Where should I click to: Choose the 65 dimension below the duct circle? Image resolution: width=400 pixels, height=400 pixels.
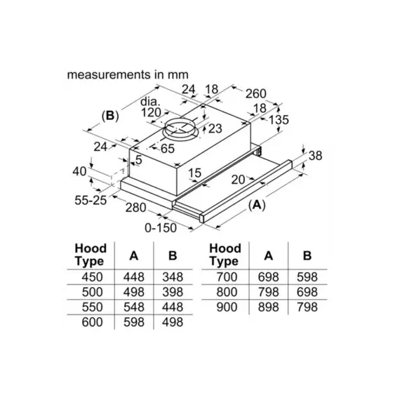[167, 148]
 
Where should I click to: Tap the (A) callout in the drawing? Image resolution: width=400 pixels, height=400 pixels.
[258, 205]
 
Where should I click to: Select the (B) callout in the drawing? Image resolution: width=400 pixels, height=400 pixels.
[110, 116]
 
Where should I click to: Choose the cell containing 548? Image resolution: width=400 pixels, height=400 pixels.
[133, 307]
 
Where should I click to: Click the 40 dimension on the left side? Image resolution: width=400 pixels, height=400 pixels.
[79, 171]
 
